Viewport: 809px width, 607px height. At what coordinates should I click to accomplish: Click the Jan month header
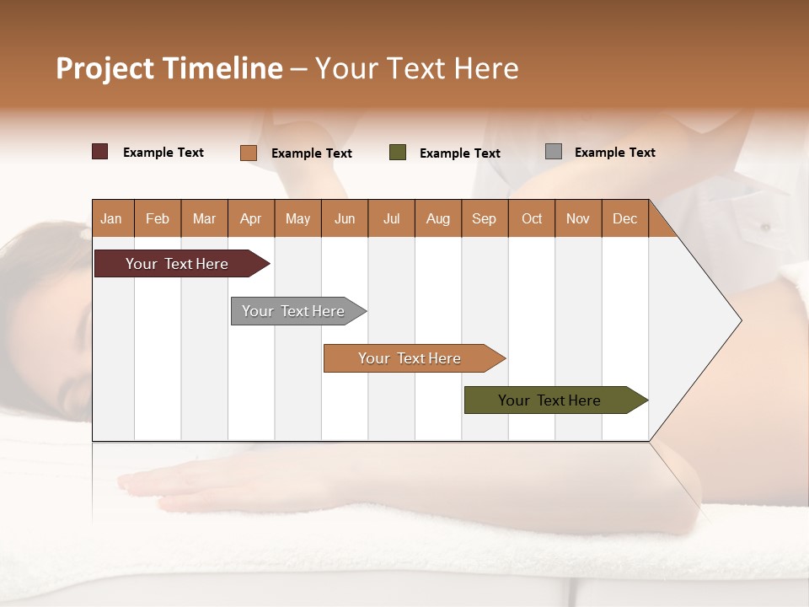[x=112, y=218]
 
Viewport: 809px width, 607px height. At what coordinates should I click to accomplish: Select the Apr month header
[x=251, y=218]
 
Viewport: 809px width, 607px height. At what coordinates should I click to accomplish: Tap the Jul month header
[x=392, y=218]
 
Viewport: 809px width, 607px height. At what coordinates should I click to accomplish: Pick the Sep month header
[x=485, y=218]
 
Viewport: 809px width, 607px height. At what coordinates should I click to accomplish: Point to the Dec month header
[x=624, y=218]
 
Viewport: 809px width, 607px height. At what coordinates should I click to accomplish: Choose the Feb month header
[x=158, y=218]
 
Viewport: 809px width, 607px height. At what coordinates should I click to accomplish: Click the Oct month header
[x=532, y=218]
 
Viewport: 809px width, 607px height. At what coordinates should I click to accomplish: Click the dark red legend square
[x=100, y=152]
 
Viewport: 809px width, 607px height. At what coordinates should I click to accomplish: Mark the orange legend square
[x=249, y=153]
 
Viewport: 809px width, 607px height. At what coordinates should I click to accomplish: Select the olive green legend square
[x=398, y=153]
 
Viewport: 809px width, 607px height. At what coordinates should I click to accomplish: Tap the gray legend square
[x=554, y=152]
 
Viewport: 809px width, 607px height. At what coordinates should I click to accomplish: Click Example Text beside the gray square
[x=614, y=153]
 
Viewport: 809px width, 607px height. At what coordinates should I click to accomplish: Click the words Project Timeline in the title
[x=169, y=68]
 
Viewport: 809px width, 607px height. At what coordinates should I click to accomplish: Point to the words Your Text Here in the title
[x=416, y=68]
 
